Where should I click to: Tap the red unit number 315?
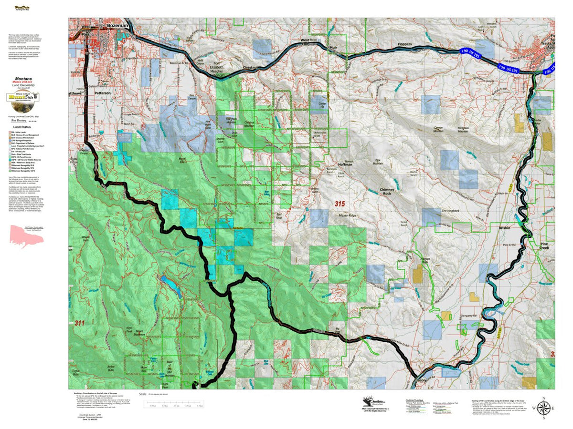(340, 204)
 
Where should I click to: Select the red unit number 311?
(80, 323)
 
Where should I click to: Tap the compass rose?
(544, 408)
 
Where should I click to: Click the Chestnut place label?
(251, 68)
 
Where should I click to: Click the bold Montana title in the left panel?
(23, 78)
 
